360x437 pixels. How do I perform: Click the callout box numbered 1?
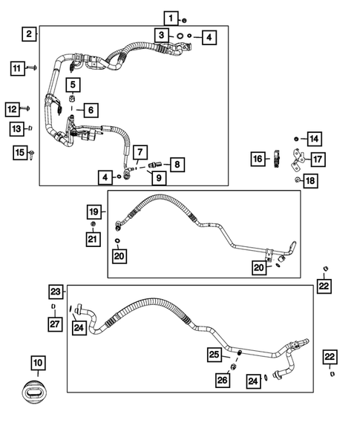pos(171,18)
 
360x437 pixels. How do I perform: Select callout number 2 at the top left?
pos(28,33)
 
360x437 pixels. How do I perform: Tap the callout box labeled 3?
pos(161,35)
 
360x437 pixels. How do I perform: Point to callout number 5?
pos(74,83)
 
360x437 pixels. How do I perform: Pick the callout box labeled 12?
pos(13,110)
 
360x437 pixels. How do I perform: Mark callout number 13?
pos(16,129)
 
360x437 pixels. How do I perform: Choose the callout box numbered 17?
pos(318,159)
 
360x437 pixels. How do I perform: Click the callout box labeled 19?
pos(94,211)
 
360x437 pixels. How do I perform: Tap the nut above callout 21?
pos(94,224)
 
